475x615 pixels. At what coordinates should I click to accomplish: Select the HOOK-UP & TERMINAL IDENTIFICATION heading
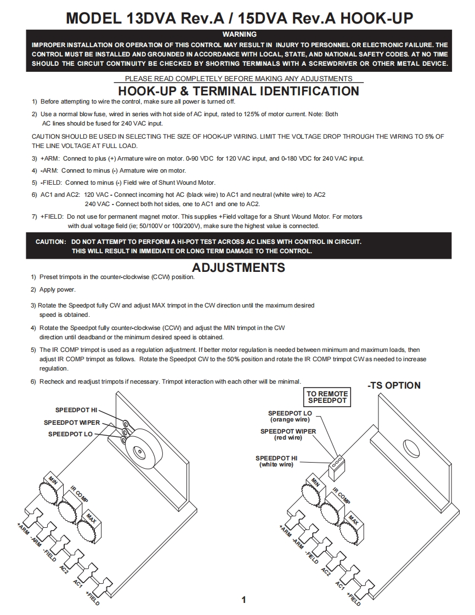point(239,91)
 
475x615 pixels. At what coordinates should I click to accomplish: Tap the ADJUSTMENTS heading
point(239,267)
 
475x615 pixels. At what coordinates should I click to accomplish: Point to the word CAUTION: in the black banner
point(51,242)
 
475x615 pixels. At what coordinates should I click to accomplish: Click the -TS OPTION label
point(394,385)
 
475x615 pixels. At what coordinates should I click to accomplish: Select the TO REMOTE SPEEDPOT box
point(327,397)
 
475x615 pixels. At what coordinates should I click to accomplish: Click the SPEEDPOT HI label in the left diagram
point(76,410)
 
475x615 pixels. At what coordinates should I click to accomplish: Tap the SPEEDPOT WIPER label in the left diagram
point(72,423)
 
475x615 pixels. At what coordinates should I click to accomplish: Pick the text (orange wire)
point(290,419)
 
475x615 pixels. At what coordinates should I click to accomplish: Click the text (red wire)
point(288,437)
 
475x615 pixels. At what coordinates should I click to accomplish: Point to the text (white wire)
point(276,464)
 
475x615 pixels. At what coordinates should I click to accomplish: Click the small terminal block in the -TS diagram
point(336,464)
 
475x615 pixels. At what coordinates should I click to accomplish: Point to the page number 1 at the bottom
point(244,600)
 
